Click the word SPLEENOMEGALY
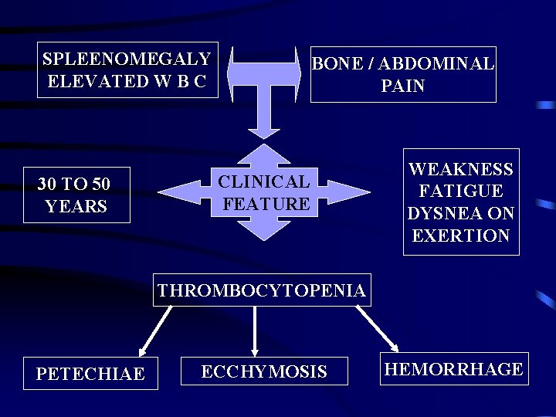127,59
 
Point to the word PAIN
402,86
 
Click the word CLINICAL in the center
264,182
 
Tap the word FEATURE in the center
266,204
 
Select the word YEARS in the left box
76,206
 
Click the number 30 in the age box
48,185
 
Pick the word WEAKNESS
461,169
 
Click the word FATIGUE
461,191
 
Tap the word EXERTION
461,236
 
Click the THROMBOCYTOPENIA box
262,290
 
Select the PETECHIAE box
90,374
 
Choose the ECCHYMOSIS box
264,371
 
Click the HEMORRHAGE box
454,369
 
